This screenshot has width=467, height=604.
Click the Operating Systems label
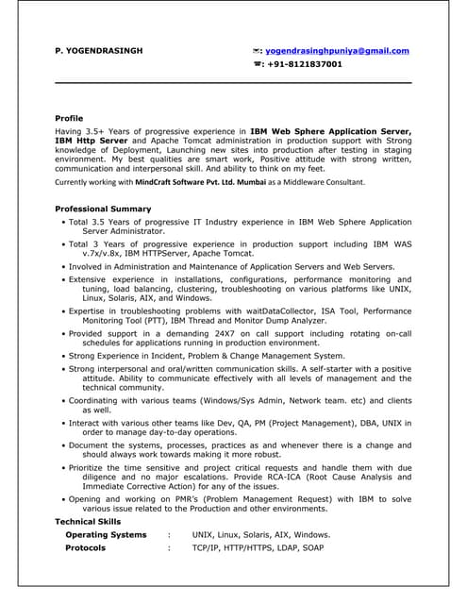pyautogui.click(x=106, y=535)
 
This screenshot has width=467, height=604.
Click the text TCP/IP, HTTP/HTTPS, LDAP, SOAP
pyautogui.click(x=258, y=547)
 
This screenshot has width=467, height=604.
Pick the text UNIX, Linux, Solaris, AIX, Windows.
pyautogui.click(x=260, y=535)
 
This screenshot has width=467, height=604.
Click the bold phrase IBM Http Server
pyautogui.click(x=91, y=139)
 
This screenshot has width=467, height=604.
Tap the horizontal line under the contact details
pyautogui.click(x=233, y=84)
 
